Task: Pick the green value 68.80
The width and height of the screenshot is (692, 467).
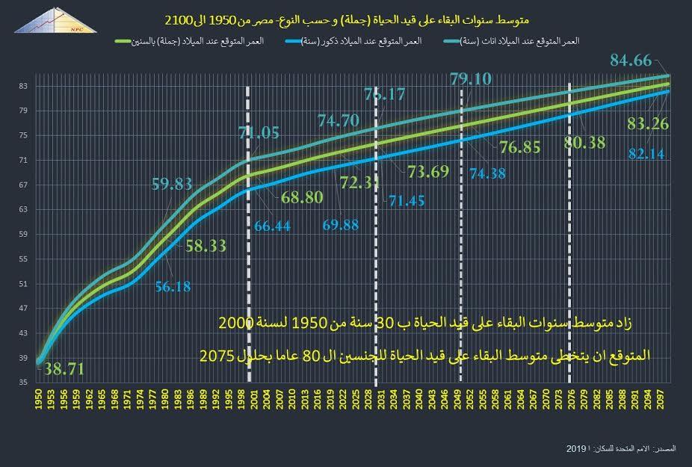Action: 301,200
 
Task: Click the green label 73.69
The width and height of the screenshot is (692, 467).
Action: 428,172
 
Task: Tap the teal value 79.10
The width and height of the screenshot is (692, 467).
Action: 471,78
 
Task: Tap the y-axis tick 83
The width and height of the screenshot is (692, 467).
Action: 23,87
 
